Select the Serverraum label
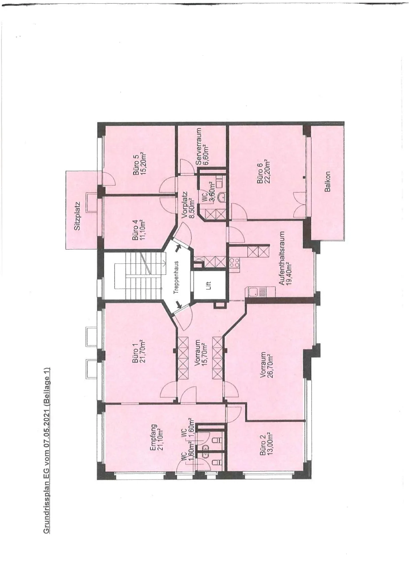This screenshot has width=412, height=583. pos(199,147)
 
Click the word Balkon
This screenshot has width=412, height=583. pos(327,181)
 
